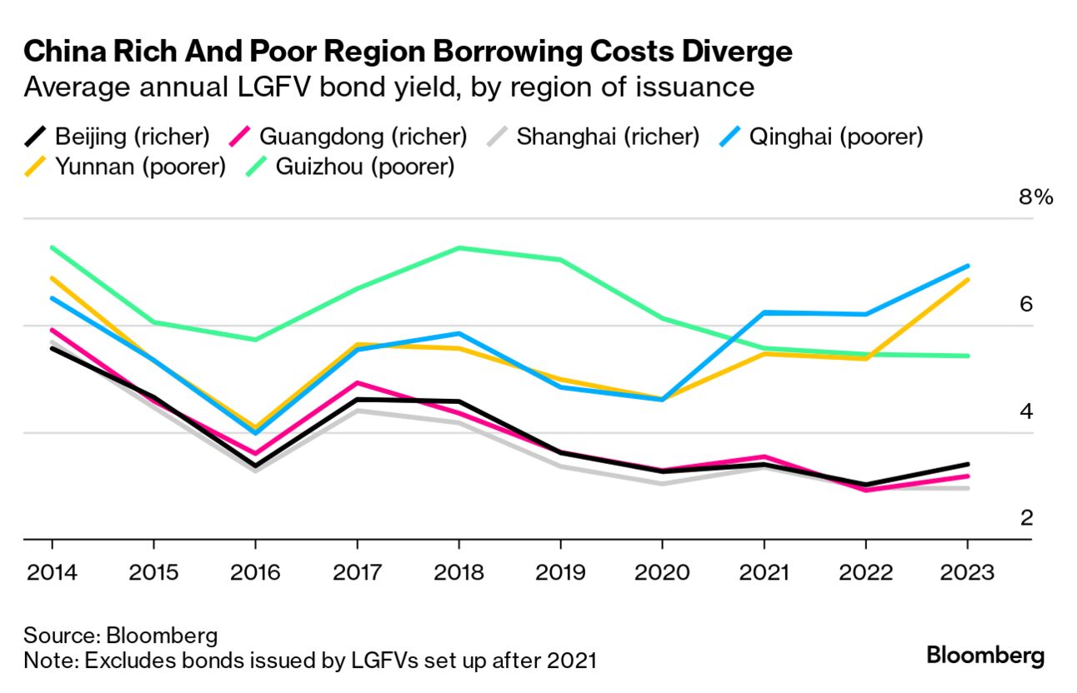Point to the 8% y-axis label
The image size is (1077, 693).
click(x=1036, y=197)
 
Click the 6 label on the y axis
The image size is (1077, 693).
click(x=1026, y=304)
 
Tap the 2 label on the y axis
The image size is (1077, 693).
click(x=1027, y=518)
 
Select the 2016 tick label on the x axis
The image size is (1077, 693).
click(x=255, y=573)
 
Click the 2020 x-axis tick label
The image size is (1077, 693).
click(x=662, y=573)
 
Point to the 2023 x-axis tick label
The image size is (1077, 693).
click(x=967, y=573)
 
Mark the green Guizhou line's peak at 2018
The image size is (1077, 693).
click(x=458, y=247)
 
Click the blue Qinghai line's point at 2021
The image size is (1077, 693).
click(x=764, y=312)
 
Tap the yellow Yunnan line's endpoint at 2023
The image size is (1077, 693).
click(x=967, y=280)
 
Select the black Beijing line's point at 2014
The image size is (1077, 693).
click(x=53, y=348)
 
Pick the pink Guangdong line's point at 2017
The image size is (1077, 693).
click(x=357, y=383)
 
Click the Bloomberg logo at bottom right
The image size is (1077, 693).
click(x=984, y=655)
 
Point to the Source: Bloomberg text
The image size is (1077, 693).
click(x=120, y=636)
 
